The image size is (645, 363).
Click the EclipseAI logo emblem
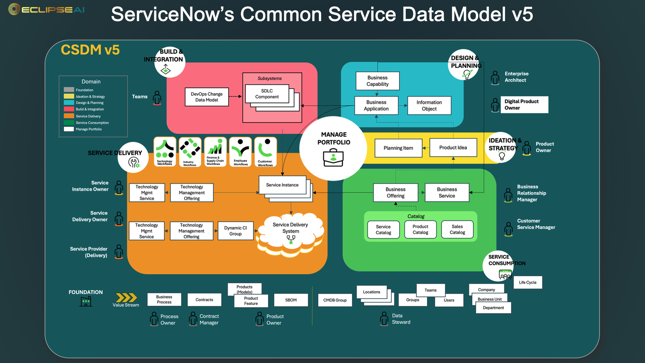[14, 9]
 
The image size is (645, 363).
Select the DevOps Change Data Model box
[206, 97]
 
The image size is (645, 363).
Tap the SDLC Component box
[267, 94]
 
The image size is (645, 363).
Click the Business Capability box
[377, 81]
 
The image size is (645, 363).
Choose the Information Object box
[429, 106]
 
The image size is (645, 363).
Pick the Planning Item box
[398, 148]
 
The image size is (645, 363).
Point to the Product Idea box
[453, 148]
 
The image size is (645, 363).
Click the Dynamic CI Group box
[235, 231]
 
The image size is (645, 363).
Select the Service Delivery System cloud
[290, 234]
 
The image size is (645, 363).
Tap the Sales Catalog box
[457, 230]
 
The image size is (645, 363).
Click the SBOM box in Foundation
[291, 300]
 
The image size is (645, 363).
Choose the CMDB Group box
[335, 300]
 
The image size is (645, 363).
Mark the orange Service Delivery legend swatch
[69, 116]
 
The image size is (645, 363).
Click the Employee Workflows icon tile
[241, 152]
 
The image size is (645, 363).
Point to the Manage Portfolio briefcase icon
[333, 158]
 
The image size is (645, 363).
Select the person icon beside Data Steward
[384, 319]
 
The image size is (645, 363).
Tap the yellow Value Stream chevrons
[126, 298]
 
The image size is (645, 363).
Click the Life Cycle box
[528, 282]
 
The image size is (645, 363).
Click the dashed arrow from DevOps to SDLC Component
[235, 97]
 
